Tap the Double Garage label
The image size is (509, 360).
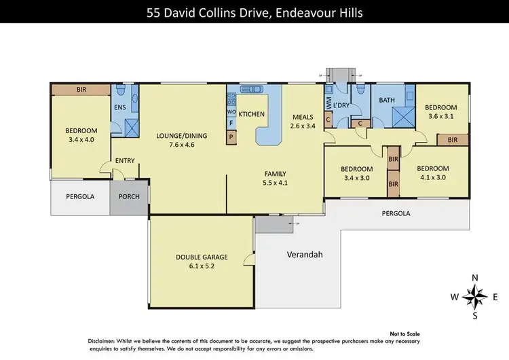tap(202, 257)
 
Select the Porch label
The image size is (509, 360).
tap(129, 197)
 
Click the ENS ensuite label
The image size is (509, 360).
tap(120, 107)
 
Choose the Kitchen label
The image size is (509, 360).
tap(251, 114)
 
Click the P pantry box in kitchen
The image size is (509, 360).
tap(231, 137)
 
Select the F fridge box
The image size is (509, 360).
tap(231, 124)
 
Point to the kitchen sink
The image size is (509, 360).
tap(251, 88)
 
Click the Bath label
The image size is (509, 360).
tap(387, 101)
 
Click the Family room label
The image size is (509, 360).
tap(275, 173)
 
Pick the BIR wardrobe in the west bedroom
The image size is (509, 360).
tap(81, 89)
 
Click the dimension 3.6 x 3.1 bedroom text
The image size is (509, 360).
tap(442, 116)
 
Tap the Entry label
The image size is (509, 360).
tap(125, 161)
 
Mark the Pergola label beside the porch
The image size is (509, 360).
tap(80, 197)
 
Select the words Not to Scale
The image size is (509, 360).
tap(406, 334)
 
